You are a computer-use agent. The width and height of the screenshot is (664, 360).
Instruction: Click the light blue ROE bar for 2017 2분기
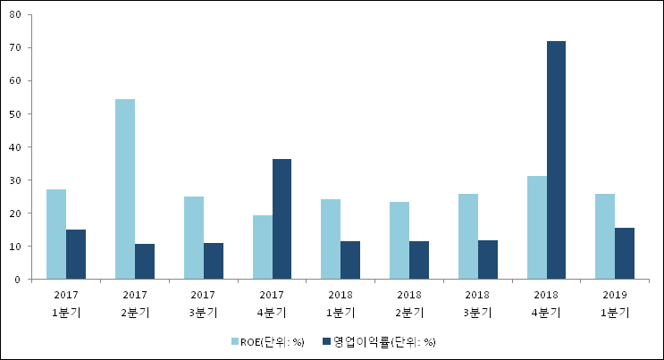(x=125, y=189)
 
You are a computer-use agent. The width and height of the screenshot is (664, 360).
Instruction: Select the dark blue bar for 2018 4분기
(x=556, y=161)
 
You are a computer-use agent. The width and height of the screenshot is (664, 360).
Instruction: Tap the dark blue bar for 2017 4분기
(x=282, y=219)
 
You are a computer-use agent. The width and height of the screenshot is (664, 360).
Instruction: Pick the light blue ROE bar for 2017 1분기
(x=56, y=234)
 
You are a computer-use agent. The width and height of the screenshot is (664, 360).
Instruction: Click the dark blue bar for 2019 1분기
(x=625, y=254)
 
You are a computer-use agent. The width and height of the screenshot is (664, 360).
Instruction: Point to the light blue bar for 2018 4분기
(x=536, y=228)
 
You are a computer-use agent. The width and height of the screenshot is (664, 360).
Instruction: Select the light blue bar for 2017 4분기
(x=262, y=247)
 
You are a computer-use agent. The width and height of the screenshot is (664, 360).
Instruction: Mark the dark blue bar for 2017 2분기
(x=145, y=262)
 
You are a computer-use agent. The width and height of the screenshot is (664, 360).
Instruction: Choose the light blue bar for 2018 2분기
(x=399, y=240)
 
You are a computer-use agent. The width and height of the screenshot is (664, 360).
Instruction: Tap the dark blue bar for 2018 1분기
(x=350, y=260)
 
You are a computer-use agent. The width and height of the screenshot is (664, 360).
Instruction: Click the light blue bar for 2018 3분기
(x=468, y=237)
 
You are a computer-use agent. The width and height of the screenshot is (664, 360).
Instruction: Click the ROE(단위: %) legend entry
(x=267, y=341)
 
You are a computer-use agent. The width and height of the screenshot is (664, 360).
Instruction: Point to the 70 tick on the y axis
(x=17, y=47)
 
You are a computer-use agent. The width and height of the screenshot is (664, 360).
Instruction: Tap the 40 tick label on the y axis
(x=17, y=147)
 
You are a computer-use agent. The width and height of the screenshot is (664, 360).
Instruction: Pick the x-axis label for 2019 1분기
(x=615, y=303)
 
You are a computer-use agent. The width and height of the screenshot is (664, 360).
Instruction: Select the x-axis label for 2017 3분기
(x=204, y=303)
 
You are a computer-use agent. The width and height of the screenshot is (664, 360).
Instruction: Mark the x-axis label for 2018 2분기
(x=409, y=303)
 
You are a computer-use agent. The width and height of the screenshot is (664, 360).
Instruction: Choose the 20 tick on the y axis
(x=17, y=213)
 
